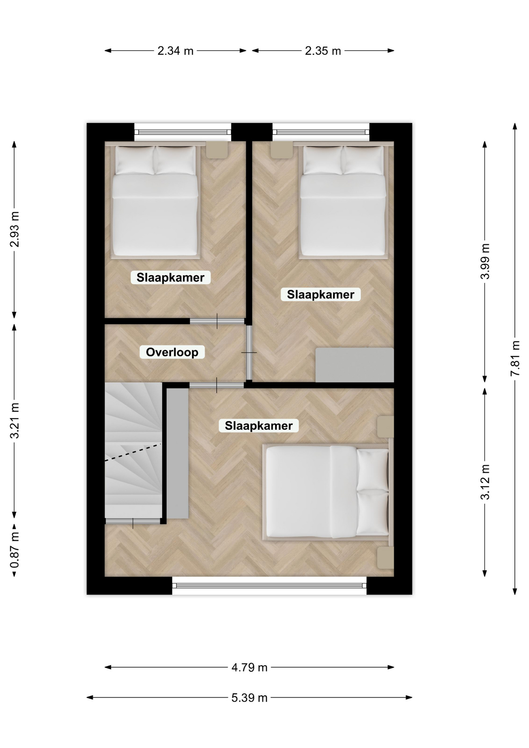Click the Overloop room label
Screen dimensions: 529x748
click(x=172, y=352)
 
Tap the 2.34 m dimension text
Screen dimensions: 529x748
click(x=175, y=51)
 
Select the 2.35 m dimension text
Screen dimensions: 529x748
click(x=323, y=51)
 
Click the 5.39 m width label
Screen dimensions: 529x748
click(x=249, y=697)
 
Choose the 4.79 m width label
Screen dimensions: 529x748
click(x=249, y=667)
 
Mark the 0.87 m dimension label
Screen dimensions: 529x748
click(x=14, y=551)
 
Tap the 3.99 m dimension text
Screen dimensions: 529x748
click(x=485, y=261)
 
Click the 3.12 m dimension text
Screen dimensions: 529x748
click(x=485, y=482)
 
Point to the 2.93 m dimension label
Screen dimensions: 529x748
click(x=14, y=229)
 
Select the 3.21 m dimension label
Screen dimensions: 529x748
click(x=14, y=421)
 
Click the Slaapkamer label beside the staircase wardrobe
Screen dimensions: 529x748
click(x=259, y=426)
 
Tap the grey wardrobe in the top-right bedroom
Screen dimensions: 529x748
click(x=354, y=365)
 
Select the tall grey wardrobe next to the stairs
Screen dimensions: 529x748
click(x=178, y=453)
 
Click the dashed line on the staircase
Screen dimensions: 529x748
click(x=133, y=452)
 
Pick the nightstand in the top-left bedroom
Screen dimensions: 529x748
click(x=217, y=150)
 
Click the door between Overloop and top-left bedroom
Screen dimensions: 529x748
click(x=217, y=321)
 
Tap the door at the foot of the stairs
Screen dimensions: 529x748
click(x=133, y=521)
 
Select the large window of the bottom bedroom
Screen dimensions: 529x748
click(x=269, y=586)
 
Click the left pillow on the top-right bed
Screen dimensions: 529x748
click(x=323, y=160)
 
